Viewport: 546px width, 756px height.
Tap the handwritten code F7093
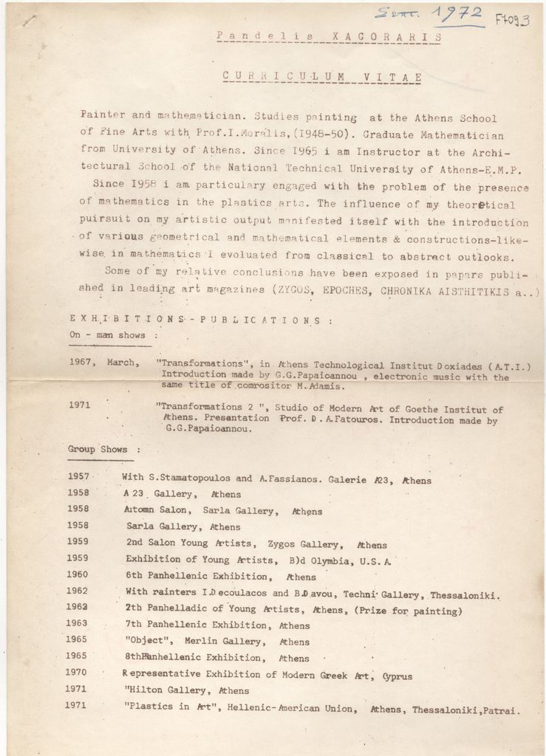511,19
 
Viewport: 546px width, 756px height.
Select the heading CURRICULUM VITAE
322,77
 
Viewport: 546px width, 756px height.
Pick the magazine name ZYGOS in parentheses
298,291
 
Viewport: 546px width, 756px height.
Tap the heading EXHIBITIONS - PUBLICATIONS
196,320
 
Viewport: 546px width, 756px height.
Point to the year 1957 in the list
78,477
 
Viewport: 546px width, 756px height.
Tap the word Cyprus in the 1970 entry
397,676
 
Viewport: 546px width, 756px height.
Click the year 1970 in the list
76,673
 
